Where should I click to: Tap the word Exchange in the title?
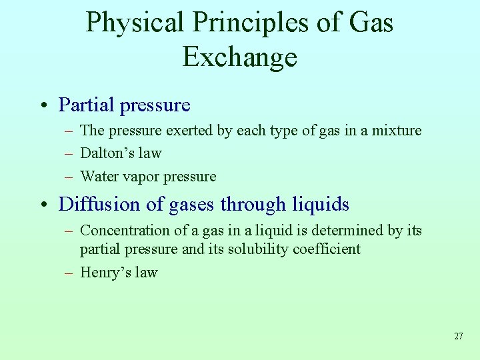(239, 57)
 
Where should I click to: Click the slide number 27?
(458, 336)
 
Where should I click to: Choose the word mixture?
(397, 130)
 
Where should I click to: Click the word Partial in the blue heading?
(83, 105)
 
